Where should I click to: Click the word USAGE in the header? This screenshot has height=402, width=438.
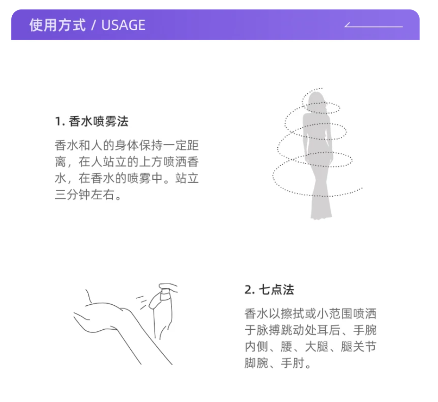click(123, 25)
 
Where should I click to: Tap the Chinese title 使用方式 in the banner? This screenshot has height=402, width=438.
click(57, 25)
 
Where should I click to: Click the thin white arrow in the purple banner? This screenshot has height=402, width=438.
click(373, 25)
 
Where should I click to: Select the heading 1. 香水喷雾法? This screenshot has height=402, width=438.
click(92, 121)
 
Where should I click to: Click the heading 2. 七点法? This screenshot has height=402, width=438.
click(269, 290)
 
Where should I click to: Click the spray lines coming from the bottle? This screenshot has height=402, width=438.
click(142, 302)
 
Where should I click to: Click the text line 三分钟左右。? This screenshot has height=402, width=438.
click(88, 194)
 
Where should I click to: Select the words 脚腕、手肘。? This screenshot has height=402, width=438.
click(278, 363)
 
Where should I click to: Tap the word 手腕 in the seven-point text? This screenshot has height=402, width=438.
click(365, 330)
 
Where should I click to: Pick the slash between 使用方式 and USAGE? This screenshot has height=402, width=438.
click(93, 25)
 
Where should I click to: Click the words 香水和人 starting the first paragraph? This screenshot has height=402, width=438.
click(79, 145)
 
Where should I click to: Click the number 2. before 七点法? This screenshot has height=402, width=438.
click(250, 290)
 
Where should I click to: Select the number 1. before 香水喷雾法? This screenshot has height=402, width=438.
click(60, 122)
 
